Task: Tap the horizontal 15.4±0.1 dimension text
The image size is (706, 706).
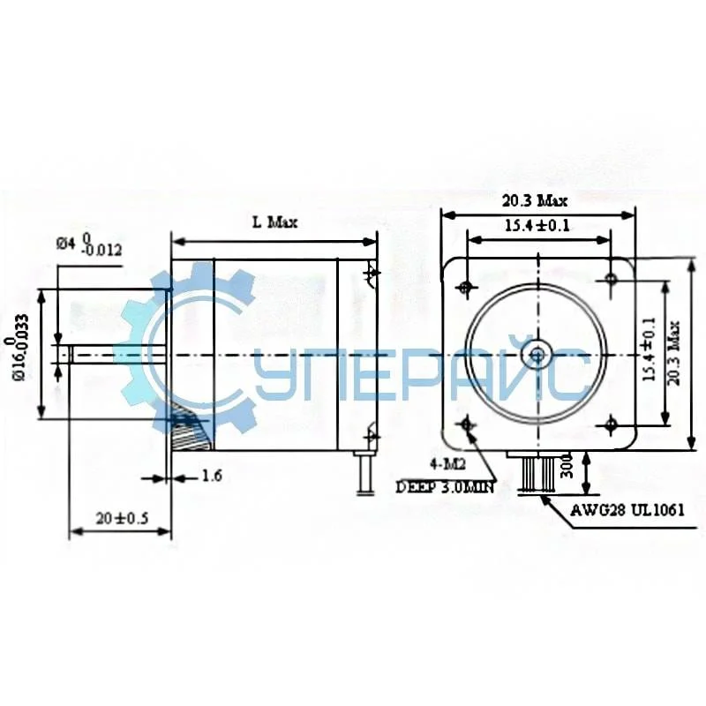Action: pos(537,226)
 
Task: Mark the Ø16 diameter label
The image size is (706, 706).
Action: pos(20,349)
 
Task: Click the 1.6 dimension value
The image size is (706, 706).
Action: pos(211,477)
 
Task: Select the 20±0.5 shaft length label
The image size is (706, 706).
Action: pos(120,518)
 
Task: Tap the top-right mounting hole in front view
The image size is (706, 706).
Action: pos(611,279)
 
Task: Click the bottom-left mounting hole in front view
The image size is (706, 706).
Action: pos(466,426)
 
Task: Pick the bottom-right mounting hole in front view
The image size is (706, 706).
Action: pos(611,425)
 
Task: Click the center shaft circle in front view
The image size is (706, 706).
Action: pos(537,354)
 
